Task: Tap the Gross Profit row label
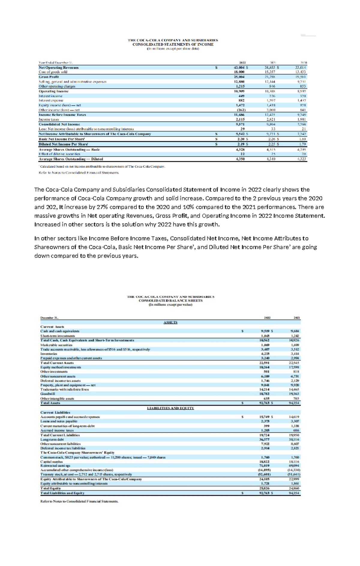pyautogui.click(x=49, y=77)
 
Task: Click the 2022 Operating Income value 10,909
pyautogui.click(x=239, y=91)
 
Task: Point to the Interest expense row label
pyautogui.click(x=51, y=101)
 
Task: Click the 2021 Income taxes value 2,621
pyautogui.click(x=270, y=119)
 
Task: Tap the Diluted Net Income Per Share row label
pyautogui.click(x=63, y=144)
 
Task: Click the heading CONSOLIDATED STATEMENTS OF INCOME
pyautogui.click(x=173, y=44)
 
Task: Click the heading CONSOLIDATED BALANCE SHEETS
pyautogui.click(x=170, y=300)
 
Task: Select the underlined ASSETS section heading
pyautogui.click(x=170, y=322)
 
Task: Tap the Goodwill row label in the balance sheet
pyautogui.click(x=48, y=394)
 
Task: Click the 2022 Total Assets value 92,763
pyautogui.click(x=265, y=403)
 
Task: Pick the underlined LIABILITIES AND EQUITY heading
pyautogui.click(x=170, y=408)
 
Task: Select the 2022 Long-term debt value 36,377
pyautogui.click(x=265, y=439)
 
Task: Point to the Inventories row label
pyautogui.click(x=49, y=354)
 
